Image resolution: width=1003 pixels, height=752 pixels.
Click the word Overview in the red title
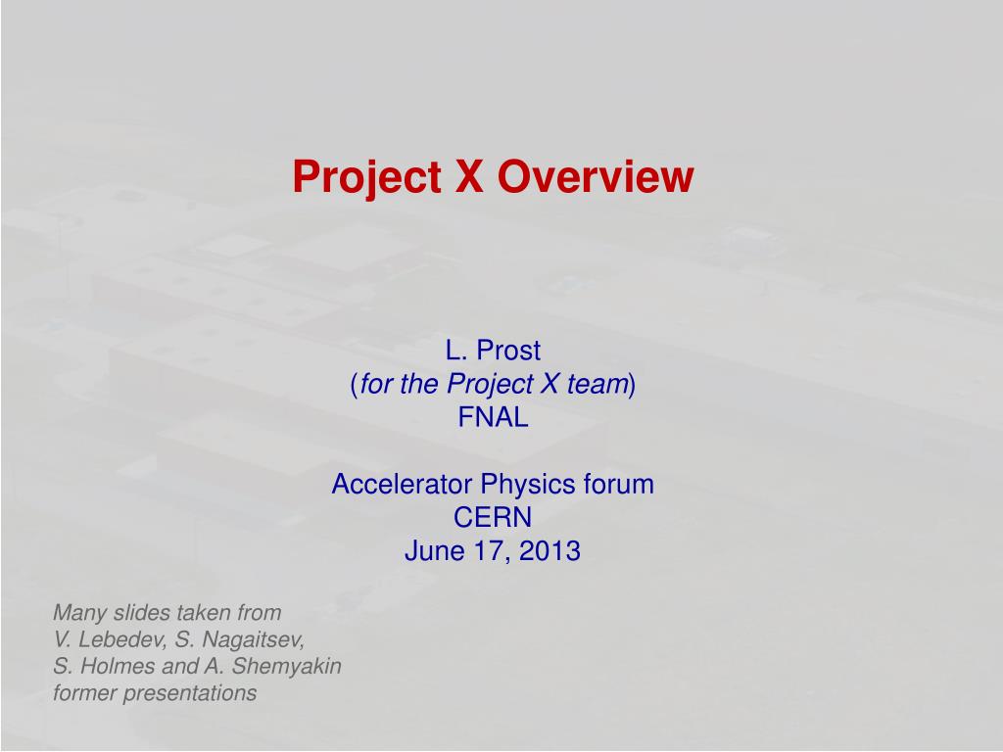596,176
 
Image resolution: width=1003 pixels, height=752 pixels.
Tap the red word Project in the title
367,177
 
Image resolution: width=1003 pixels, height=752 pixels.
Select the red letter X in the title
469,176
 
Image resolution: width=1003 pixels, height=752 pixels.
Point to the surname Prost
508,351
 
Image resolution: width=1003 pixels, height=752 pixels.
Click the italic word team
597,384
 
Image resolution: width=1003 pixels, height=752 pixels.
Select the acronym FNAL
494,417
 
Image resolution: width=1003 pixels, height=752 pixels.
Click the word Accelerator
403,484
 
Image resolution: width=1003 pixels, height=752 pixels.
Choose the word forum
619,484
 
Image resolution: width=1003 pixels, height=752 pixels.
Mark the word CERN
493,517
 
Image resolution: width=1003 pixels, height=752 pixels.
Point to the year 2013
549,550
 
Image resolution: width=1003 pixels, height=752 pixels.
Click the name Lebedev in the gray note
120,638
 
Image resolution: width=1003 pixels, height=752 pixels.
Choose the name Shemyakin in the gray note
286,666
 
